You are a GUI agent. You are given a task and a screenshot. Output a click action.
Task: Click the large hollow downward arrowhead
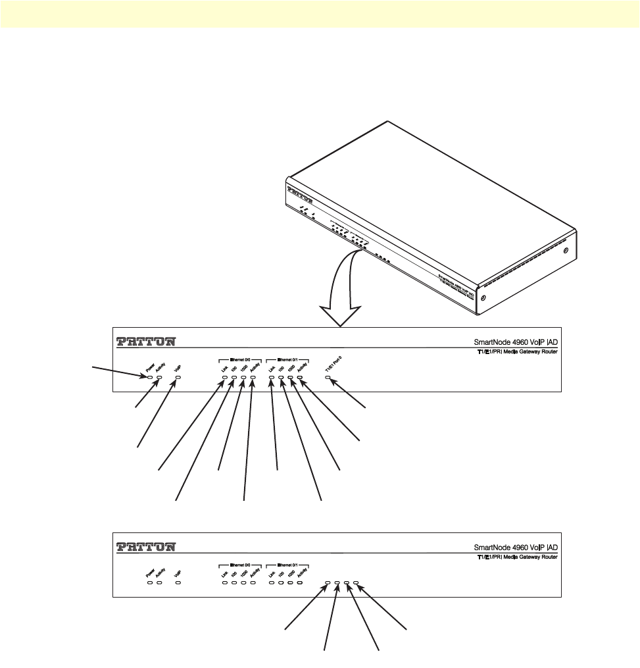tap(341, 313)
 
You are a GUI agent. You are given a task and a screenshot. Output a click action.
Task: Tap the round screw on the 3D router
tap(483, 298)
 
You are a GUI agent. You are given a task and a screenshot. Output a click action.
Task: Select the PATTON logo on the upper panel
tap(146, 342)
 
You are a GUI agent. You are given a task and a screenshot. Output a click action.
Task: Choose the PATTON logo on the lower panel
tap(146, 547)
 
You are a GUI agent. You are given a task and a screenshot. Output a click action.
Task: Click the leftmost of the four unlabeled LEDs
tap(328, 582)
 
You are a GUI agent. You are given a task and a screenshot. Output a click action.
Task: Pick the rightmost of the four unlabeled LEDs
tap(356, 582)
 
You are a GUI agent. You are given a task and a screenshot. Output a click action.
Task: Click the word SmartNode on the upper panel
tap(493, 342)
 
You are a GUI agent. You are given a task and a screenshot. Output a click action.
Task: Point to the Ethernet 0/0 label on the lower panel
tap(240, 564)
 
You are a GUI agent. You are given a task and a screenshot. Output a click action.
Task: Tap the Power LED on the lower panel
tap(150, 582)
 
